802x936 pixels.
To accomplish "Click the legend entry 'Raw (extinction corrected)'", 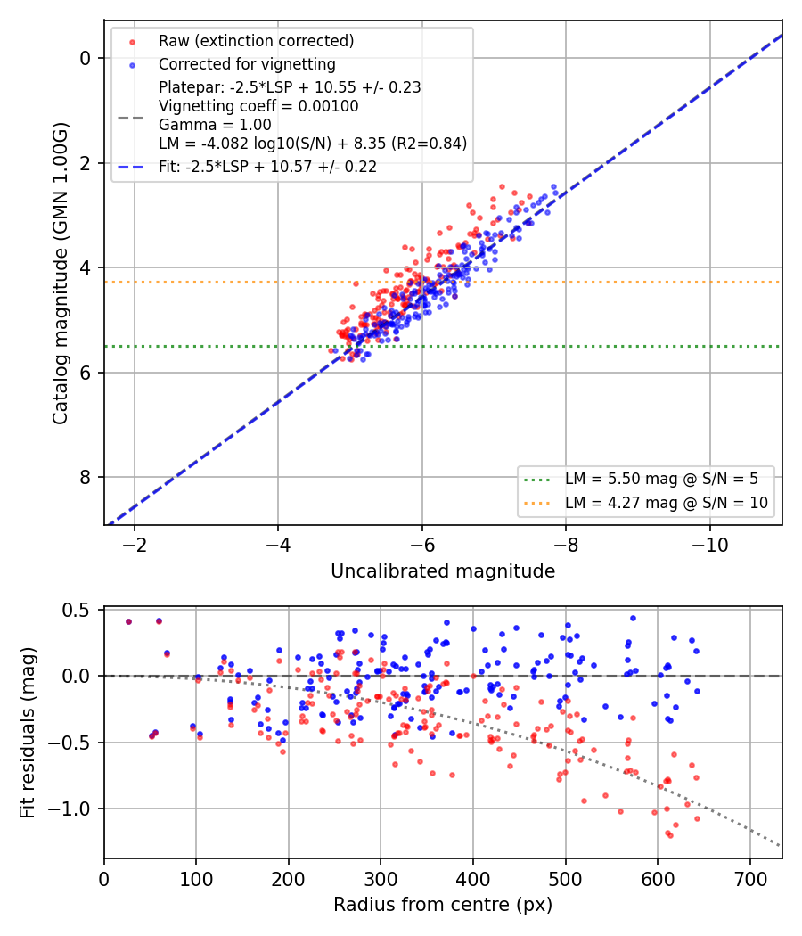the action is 256,41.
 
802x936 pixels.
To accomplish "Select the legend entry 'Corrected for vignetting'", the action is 247,64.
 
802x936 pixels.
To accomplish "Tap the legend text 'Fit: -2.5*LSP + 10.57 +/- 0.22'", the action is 268,167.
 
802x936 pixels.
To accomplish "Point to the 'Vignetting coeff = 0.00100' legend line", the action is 258,106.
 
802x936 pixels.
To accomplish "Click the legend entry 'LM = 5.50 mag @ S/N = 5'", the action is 662,479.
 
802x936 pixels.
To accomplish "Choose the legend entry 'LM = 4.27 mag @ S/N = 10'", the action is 667,503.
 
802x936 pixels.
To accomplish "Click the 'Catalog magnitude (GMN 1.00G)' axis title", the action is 61,274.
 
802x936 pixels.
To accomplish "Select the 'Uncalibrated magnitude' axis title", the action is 443,571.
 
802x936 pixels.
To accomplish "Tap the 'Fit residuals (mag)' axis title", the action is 28,733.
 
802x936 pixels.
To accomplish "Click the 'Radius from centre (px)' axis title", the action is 443,905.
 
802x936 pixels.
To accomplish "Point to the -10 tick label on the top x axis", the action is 710,545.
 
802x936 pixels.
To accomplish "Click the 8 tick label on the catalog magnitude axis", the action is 86,478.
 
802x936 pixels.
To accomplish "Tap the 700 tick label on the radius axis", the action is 749,879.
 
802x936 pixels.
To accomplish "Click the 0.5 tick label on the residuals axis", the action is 76,610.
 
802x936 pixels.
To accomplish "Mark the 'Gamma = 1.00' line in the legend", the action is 215,125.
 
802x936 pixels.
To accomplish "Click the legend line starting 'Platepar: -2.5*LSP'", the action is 290,87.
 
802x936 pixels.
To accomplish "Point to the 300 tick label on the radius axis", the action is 381,879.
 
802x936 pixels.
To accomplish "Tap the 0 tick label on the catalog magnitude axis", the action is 86,59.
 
